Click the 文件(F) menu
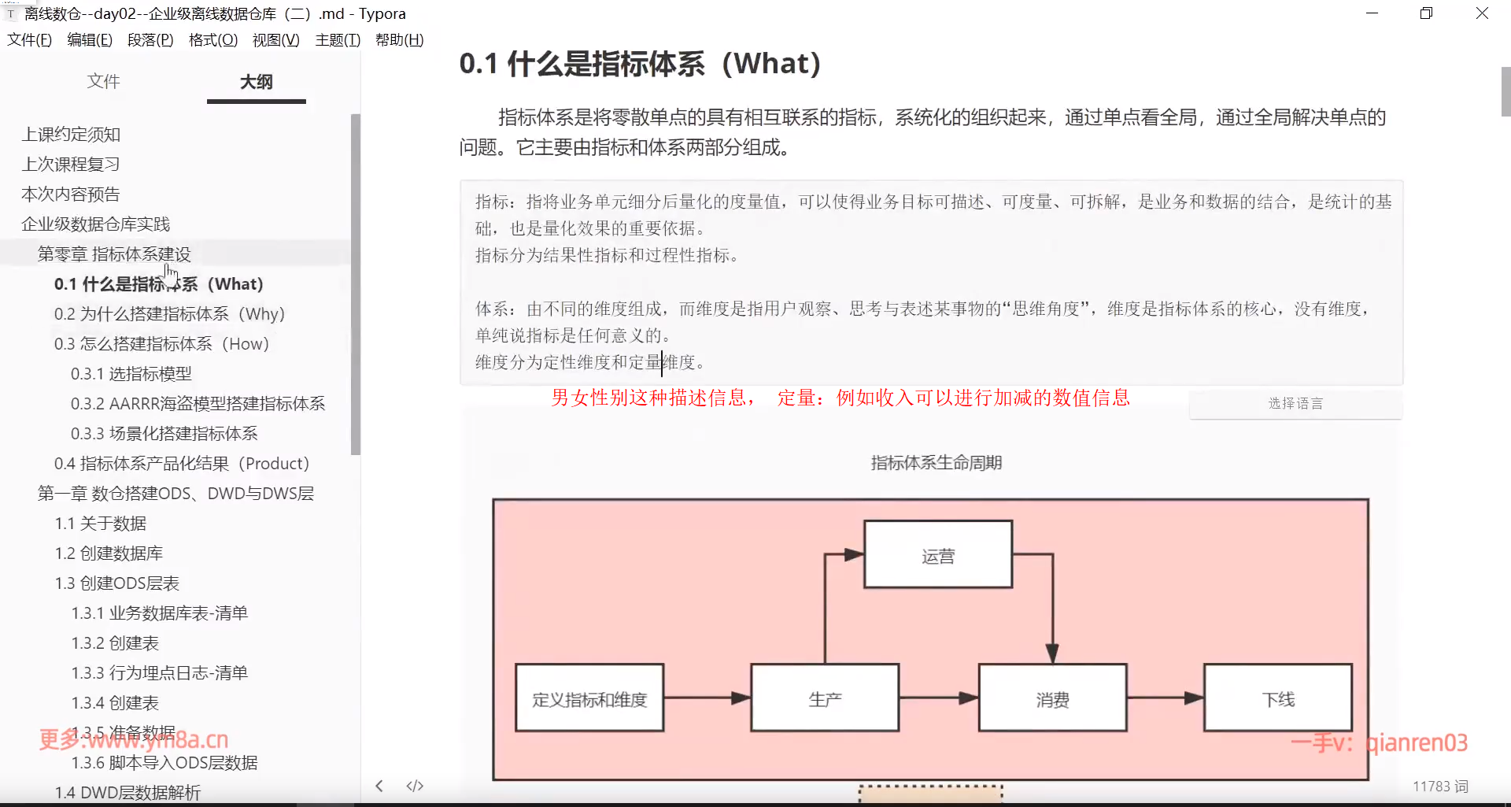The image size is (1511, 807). coord(29,40)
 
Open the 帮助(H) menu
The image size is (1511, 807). coord(399,40)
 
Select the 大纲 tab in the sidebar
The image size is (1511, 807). coord(256,82)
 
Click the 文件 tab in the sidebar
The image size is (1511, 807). coord(103,81)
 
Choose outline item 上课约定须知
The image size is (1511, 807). coord(71,135)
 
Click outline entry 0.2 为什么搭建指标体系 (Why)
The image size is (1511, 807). coord(169,314)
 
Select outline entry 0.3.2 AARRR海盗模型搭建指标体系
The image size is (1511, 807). coord(198,404)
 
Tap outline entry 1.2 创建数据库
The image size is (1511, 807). coord(109,553)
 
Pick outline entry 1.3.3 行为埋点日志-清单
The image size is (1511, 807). coord(159,673)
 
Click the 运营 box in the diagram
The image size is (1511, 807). coord(937,555)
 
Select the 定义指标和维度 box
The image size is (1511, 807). coord(589,699)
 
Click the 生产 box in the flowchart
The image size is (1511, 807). coord(825,699)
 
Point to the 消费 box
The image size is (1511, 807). coord(1052,699)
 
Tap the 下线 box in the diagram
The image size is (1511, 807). coord(1278,699)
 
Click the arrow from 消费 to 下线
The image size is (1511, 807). coord(1165,698)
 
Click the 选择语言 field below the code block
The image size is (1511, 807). coord(1295,404)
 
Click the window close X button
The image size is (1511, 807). coord(1482,13)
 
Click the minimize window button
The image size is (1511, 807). coord(1372,13)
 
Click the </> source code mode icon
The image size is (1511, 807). coord(415,786)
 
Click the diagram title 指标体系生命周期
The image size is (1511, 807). coord(936,463)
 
